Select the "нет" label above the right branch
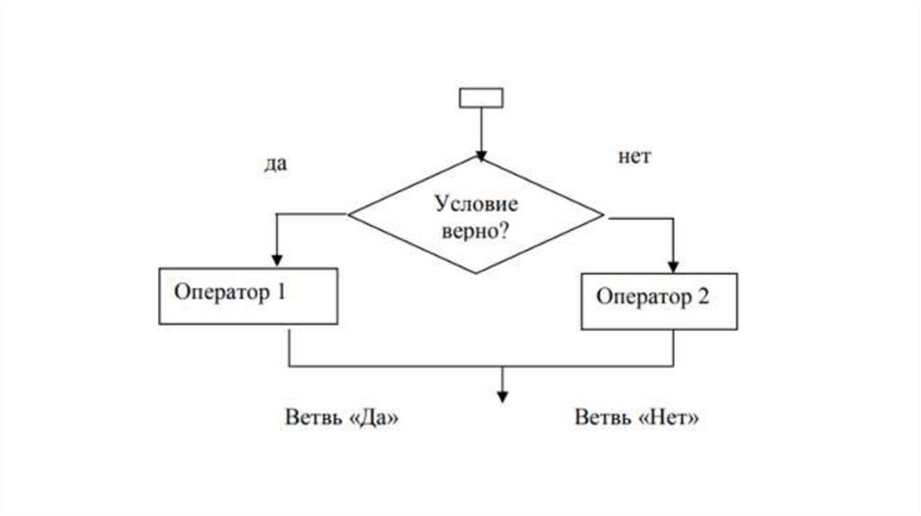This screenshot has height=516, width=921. tap(634, 156)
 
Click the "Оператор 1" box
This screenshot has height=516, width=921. tap(249, 296)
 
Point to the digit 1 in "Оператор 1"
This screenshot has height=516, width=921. tap(282, 292)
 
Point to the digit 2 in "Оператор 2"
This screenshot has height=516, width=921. tap(702, 298)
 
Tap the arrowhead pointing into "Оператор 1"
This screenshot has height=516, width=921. tap(276, 259)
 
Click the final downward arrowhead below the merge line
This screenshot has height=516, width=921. tap(503, 398)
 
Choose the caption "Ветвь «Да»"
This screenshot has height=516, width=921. tap(341, 418)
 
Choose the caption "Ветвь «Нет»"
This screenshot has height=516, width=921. tap(637, 418)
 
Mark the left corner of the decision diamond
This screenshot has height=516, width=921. tap(349, 214)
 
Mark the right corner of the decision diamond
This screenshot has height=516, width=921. tap(604, 216)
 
